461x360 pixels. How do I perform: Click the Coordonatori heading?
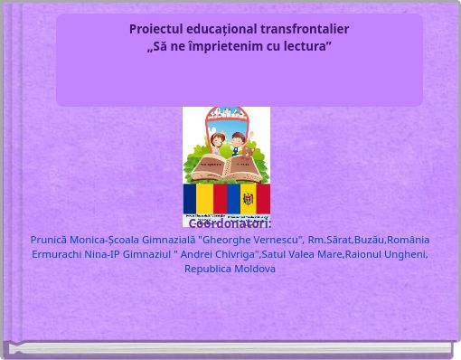click(x=230, y=223)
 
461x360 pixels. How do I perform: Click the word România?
click(x=408, y=240)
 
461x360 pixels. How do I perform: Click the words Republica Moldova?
click(x=230, y=269)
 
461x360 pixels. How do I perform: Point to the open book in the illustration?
click(x=226, y=167)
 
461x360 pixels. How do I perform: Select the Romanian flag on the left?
click(x=205, y=198)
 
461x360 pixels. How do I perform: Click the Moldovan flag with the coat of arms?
click(x=248, y=198)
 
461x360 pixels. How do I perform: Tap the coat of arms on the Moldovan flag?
click(x=248, y=198)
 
